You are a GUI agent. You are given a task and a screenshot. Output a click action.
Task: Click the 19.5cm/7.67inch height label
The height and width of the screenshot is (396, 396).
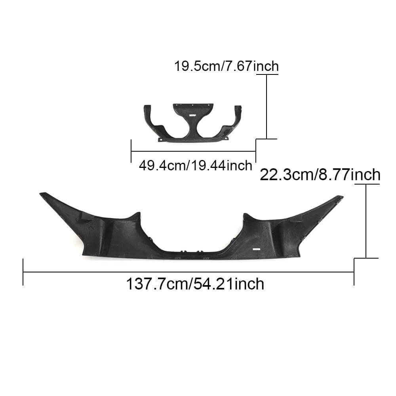pyautogui.click(x=226, y=66)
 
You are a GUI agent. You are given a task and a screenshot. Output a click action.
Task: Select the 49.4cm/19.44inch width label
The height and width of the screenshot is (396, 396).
pyautogui.click(x=195, y=165)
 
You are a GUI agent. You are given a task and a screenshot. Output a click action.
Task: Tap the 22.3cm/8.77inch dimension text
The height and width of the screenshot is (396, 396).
pyautogui.click(x=320, y=175)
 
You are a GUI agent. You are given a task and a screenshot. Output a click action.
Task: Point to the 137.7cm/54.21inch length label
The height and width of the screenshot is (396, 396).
pyautogui.click(x=195, y=284)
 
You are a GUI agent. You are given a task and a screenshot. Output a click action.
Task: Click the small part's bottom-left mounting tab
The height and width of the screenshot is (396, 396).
pyautogui.click(x=160, y=139)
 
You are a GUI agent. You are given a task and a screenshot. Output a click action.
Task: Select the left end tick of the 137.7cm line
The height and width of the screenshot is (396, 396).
pyautogui.click(x=23, y=272)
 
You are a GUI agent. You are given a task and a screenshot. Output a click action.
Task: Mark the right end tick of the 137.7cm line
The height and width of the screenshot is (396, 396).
pyautogui.click(x=354, y=272)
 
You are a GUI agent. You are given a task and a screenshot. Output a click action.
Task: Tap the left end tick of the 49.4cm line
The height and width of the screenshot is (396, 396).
pyautogui.click(x=131, y=151)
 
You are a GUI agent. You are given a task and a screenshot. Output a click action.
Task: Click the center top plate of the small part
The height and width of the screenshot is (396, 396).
pyautogui.click(x=193, y=109)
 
